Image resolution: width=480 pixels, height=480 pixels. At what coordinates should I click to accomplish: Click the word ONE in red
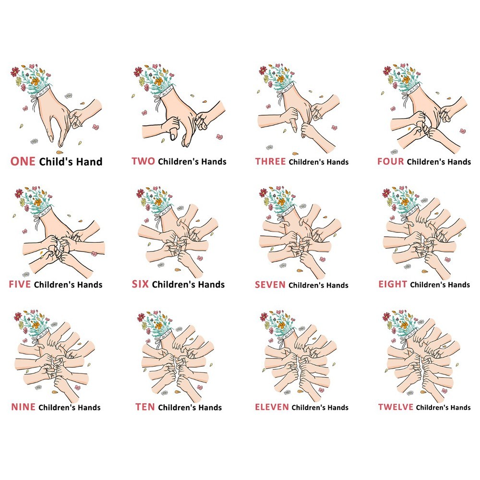tap(23, 161)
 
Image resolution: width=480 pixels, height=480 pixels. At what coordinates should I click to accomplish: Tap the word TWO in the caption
tap(143, 161)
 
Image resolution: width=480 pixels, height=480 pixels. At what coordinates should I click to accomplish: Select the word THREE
tap(271, 161)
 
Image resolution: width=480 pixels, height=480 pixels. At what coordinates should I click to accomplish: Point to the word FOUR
tap(391, 161)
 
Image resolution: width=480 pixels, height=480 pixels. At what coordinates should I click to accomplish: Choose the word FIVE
tap(20, 284)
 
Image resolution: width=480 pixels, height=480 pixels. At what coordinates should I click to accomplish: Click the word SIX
tap(140, 284)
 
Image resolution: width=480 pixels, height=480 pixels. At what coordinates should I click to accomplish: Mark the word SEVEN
tap(270, 285)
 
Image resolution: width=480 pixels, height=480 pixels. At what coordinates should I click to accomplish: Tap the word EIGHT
tap(393, 284)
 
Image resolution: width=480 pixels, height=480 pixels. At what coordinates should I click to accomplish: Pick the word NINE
tap(23, 407)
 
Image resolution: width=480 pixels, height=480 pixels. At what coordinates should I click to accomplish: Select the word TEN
tap(145, 407)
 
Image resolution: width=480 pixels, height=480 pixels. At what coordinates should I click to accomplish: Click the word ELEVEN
tap(272, 407)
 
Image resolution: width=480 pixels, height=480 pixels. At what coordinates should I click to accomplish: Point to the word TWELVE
tap(396, 407)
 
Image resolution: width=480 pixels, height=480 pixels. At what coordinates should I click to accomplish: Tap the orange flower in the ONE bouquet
tap(36, 81)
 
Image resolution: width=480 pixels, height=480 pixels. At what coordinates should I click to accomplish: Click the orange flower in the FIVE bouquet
tap(37, 203)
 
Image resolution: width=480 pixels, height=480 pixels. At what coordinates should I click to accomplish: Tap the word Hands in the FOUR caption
tap(457, 162)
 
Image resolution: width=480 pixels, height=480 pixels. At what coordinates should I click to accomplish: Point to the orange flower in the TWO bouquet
tap(158, 82)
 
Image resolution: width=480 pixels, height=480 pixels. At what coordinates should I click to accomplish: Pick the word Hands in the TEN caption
tap(208, 408)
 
